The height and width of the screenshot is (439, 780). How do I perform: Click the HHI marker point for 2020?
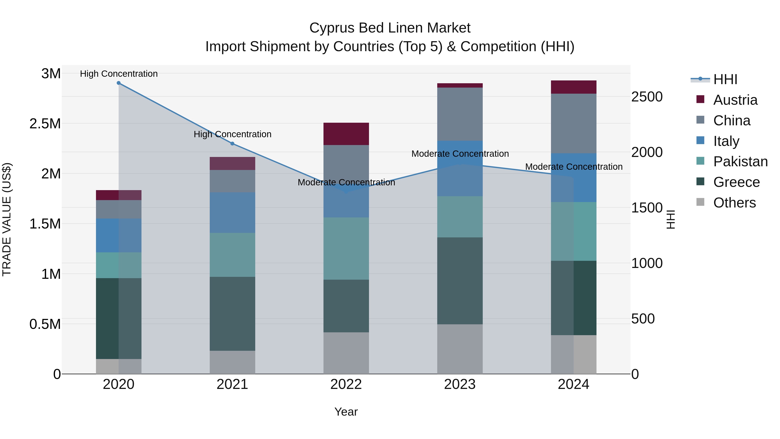pyautogui.click(x=119, y=83)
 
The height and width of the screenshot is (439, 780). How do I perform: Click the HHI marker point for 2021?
pyautogui.click(x=232, y=144)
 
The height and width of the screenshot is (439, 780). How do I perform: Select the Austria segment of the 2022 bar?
pyautogui.click(x=346, y=134)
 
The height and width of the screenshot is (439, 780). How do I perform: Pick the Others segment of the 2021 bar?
pyautogui.click(x=232, y=362)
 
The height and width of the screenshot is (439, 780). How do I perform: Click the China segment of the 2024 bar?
pyautogui.click(x=574, y=123)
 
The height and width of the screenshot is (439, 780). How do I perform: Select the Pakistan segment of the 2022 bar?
pyautogui.click(x=346, y=248)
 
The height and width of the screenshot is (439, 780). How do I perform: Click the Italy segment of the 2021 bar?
pyautogui.click(x=232, y=212)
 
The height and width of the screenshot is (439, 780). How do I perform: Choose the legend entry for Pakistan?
pyautogui.click(x=740, y=162)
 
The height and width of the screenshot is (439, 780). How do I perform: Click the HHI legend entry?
pyautogui.click(x=725, y=79)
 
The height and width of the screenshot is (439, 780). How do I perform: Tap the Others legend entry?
pyautogui.click(x=734, y=203)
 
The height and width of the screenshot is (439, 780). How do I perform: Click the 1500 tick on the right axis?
pyautogui.click(x=647, y=208)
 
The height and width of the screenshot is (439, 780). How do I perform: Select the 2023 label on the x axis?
pyautogui.click(x=460, y=384)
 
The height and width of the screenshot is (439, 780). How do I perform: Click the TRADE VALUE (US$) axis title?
pyautogui.click(x=7, y=219)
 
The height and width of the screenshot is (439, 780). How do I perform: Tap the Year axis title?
pyautogui.click(x=346, y=412)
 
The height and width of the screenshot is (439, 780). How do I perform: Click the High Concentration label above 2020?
pyautogui.click(x=119, y=74)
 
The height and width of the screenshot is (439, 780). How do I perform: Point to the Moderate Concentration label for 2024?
pyautogui.click(x=574, y=167)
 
